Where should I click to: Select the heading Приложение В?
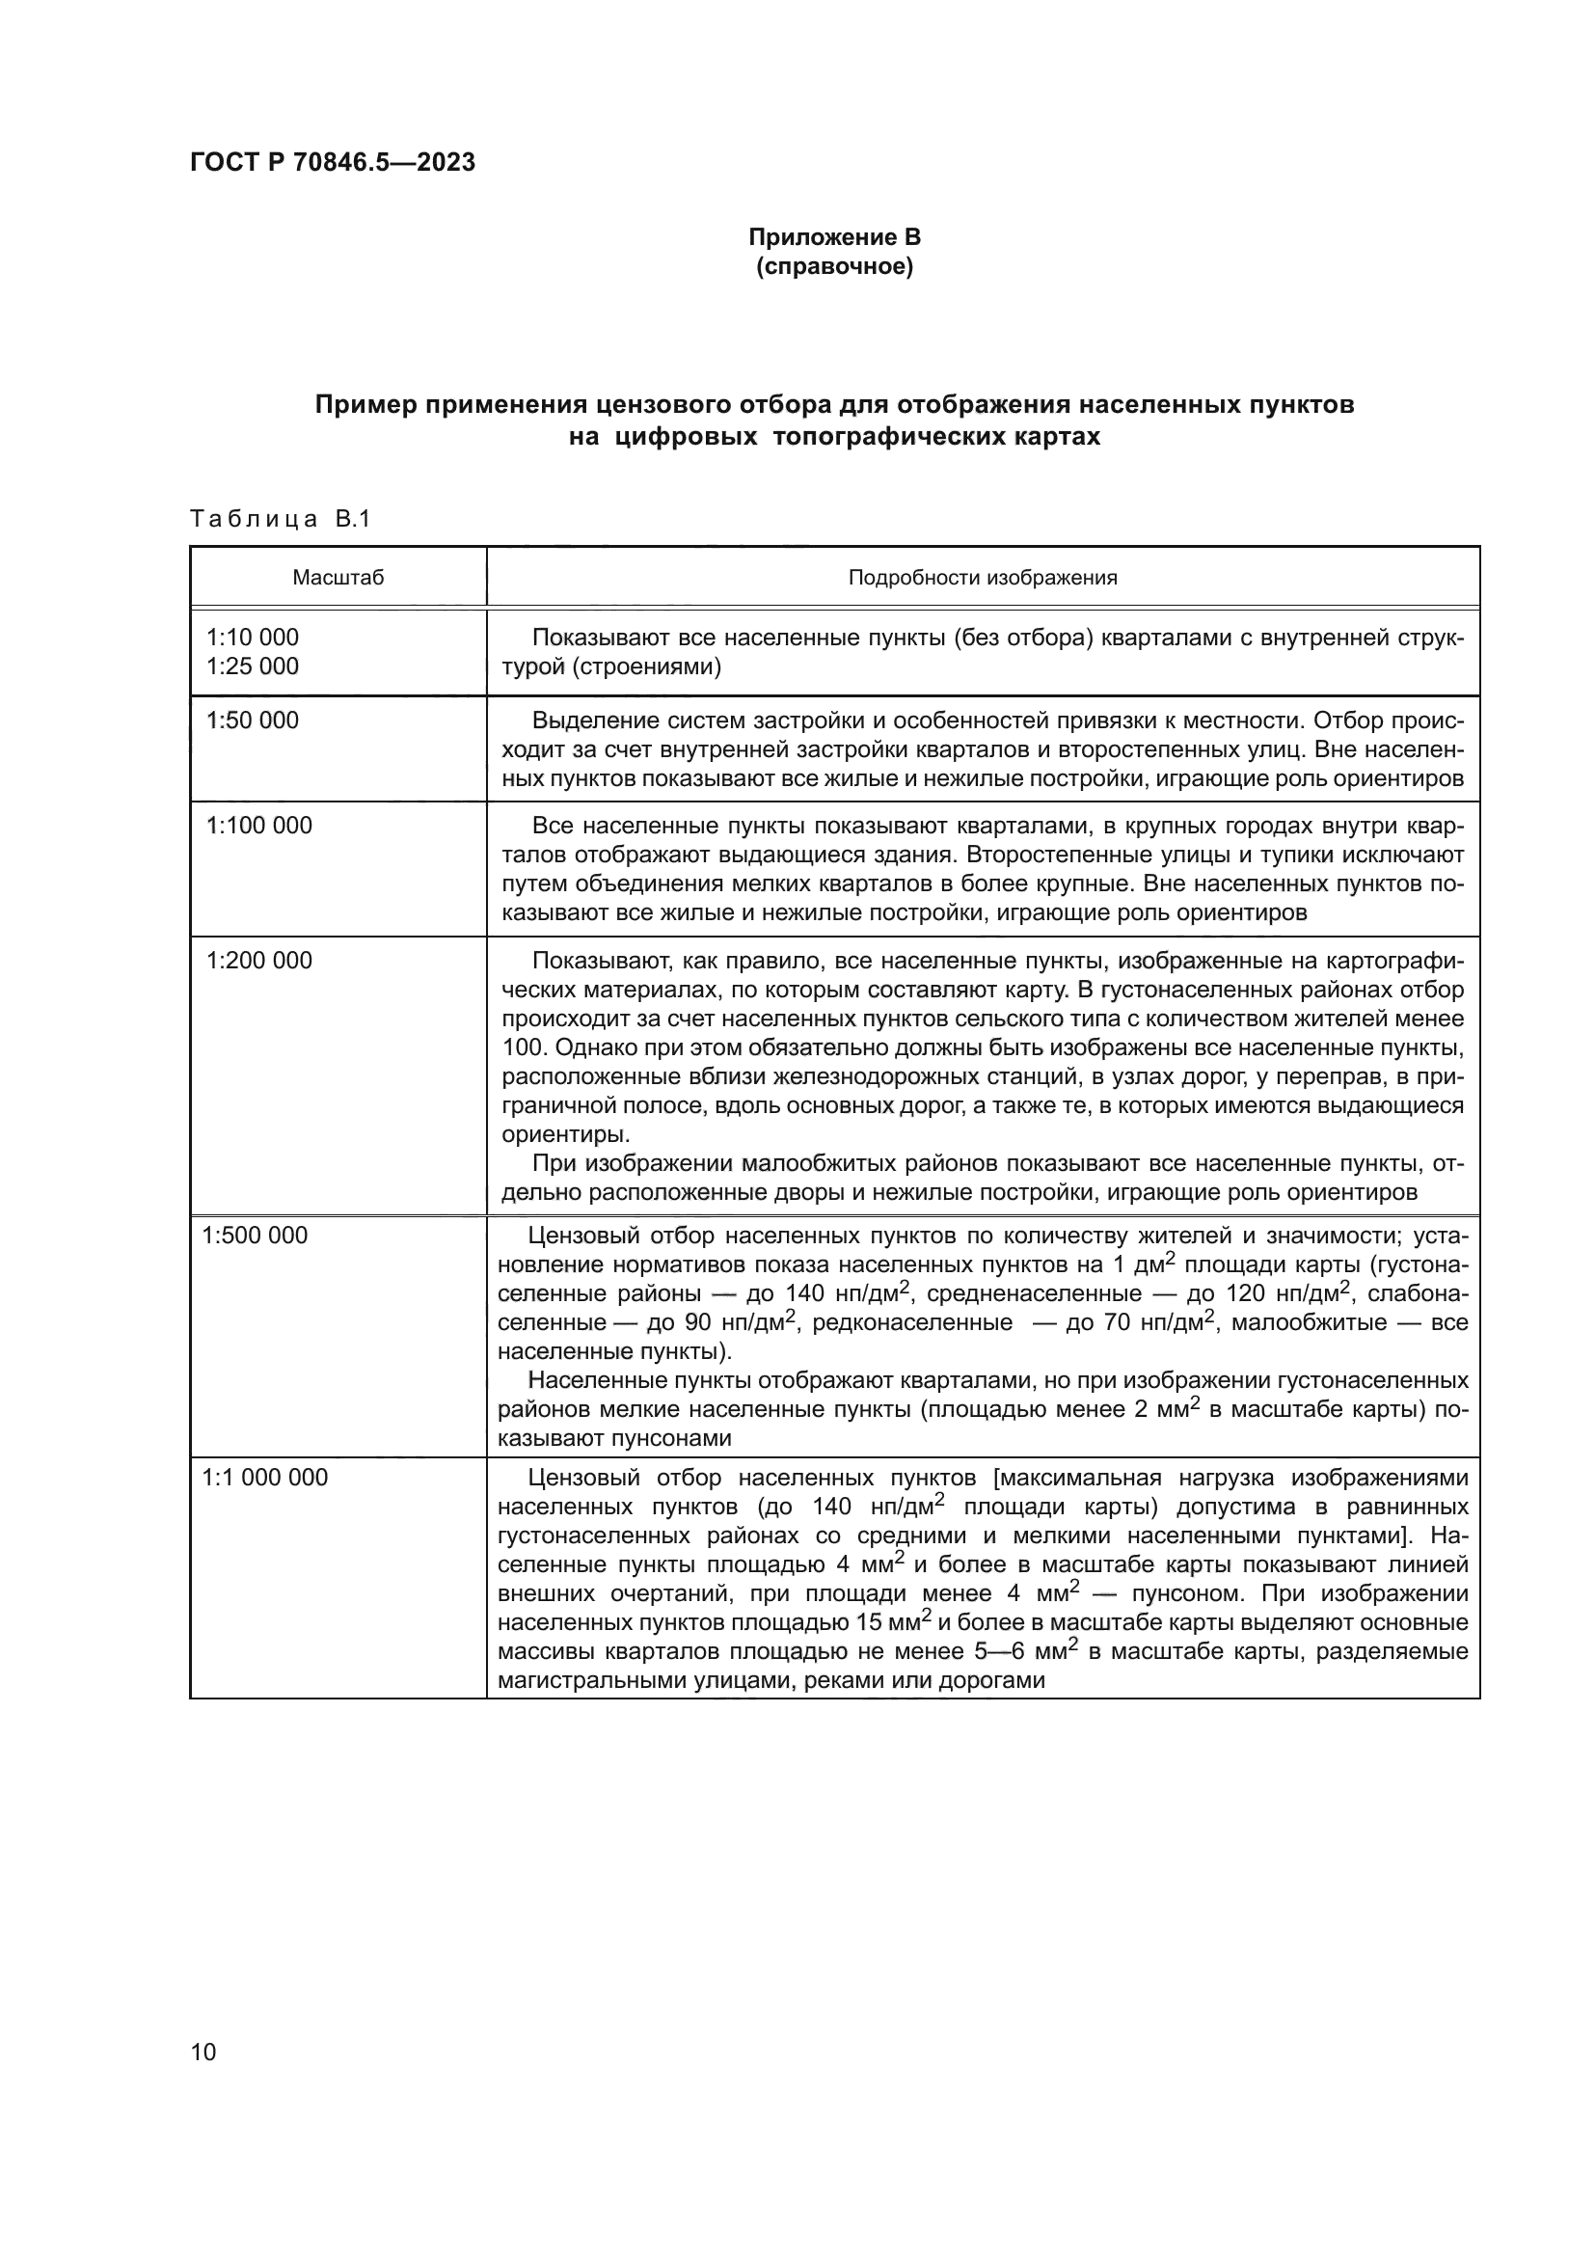[835, 237]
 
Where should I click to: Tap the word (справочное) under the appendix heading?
[835, 266]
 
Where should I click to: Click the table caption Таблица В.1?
[280, 519]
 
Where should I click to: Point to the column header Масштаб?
[338, 578]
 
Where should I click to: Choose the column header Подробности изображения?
[982, 578]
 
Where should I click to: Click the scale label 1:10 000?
[253, 638]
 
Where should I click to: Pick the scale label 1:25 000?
[253, 666]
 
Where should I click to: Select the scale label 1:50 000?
[253, 720]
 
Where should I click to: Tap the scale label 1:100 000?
[259, 826]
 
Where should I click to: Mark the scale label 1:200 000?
[259, 960]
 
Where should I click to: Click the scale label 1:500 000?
[256, 1236]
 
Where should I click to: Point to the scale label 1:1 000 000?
[265, 1478]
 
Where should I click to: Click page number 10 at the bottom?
[203, 2052]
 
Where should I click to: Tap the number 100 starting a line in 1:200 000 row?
[521, 1047]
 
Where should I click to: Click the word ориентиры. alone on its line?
[553, 1135]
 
